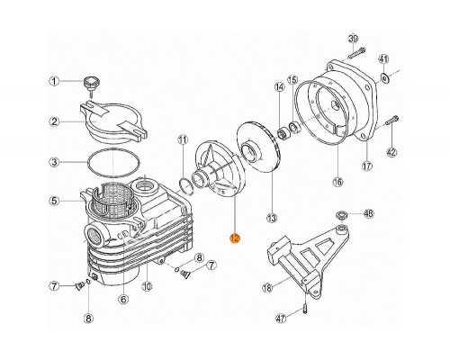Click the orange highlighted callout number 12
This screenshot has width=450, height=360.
coord(235,238)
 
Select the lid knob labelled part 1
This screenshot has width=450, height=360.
coord(91,85)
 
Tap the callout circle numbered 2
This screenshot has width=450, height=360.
coord(54,121)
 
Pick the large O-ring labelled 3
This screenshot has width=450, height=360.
coord(113,163)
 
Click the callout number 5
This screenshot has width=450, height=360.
coord(54,201)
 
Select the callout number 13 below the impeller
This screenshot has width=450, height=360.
coord(272,218)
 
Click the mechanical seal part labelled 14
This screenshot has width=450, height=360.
coord(283,133)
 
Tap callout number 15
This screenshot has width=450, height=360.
coord(292,80)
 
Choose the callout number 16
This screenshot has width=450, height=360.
coord(337,182)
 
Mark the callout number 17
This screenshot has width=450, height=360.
coord(367,166)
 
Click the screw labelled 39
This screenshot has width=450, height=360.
coord(356,53)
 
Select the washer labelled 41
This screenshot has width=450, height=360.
coord(383,77)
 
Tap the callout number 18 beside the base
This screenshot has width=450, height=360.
coord(267,287)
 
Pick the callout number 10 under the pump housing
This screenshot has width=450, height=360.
coord(147,287)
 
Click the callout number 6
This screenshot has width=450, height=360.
coord(123,299)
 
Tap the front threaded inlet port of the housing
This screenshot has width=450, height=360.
coord(95,236)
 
